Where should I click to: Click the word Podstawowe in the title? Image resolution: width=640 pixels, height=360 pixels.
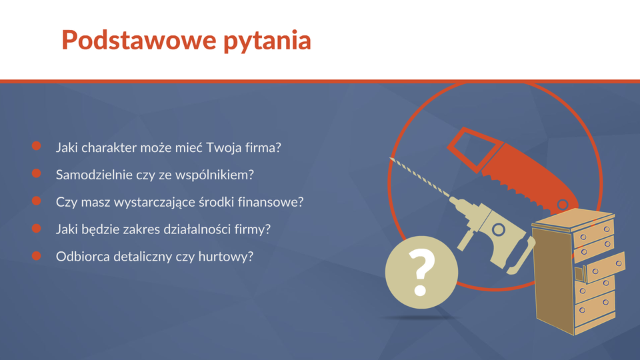point(139,40)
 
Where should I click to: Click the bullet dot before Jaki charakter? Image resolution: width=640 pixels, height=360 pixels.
point(36,146)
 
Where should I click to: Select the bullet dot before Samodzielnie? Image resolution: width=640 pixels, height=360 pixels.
point(36,173)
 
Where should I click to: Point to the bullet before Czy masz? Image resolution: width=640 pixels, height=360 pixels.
point(36,201)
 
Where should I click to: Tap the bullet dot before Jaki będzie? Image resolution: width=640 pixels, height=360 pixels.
point(36,228)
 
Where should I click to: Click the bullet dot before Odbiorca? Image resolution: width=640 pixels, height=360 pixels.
point(36,255)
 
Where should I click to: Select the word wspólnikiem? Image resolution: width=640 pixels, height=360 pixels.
point(214,175)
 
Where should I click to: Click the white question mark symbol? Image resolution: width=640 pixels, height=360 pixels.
point(421,272)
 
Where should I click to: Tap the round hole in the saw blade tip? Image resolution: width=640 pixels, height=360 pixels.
point(563,205)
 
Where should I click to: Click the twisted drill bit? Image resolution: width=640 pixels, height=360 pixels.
point(419,177)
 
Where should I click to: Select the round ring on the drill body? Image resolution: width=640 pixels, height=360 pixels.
point(498,229)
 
